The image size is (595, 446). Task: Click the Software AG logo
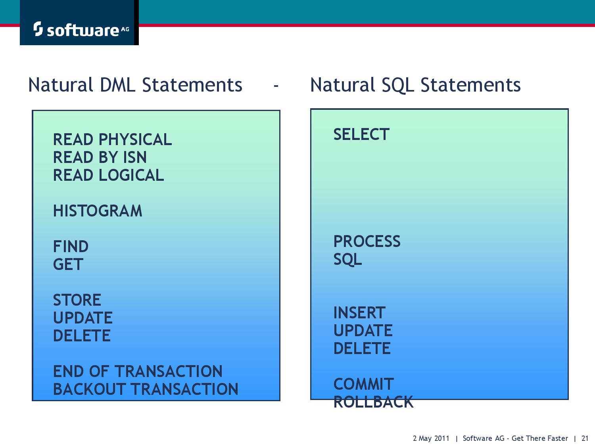click(81, 29)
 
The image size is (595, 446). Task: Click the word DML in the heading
click(117, 85)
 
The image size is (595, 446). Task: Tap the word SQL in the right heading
click(398, 85)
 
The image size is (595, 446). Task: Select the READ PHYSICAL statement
click(112, 140)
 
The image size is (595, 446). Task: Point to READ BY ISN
click(100, 157)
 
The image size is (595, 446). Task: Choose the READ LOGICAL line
click(108, 175)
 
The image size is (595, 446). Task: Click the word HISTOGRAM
click(98, 211)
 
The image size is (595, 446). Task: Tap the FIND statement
click(71, 247)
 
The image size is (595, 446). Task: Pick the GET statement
click(68, 264)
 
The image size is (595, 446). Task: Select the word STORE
click(77, 300)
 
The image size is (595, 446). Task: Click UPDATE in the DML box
click(83, 318)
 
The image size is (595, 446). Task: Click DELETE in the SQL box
click(362, 348)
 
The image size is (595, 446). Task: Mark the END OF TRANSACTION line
click(138, 371)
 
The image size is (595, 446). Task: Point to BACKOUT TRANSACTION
click(146, 389)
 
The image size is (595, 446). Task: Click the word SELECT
click(361, 134)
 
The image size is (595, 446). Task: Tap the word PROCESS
click(367, 241)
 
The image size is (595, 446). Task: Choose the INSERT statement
click(359, 313)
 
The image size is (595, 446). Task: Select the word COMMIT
click(363, 384)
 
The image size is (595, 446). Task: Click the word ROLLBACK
click(373, 402)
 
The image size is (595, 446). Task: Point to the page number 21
click(585, 438)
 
